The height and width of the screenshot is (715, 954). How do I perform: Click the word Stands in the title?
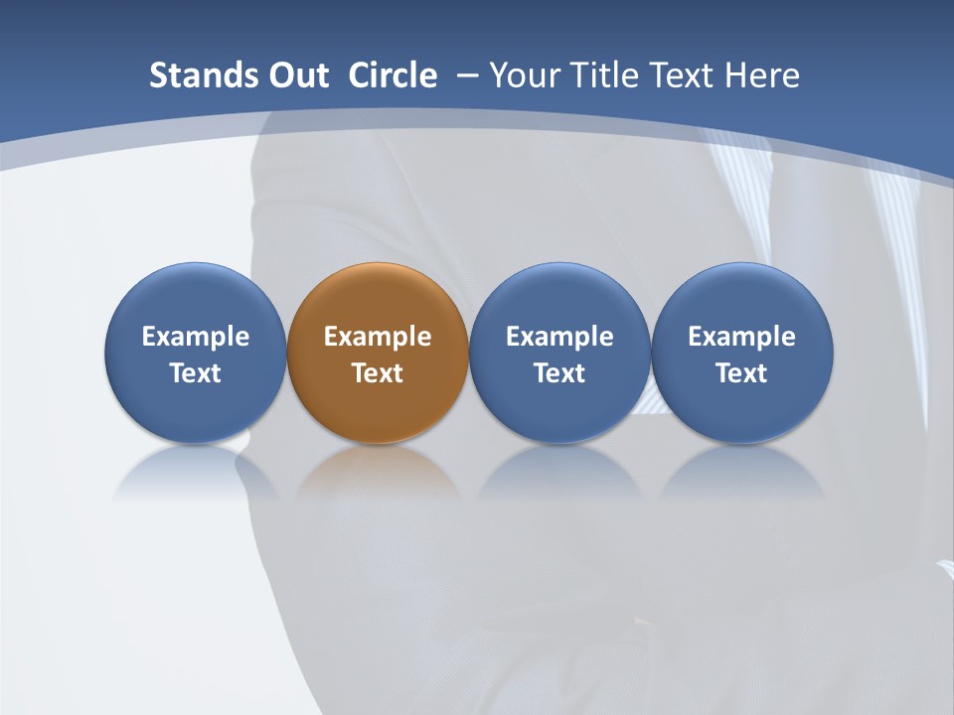pos(192,75)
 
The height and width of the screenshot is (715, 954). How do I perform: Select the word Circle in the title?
pos(393,75)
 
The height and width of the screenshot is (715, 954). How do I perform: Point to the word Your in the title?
pos(523,75)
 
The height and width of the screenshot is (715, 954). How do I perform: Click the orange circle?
pos(378,298)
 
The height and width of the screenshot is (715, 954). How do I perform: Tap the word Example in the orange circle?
pos(378,337)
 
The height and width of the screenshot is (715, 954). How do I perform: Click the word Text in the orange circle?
pos(378,373)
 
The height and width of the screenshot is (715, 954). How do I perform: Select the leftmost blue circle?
pos(196,298)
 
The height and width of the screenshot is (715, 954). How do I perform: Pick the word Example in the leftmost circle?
pos(196,337)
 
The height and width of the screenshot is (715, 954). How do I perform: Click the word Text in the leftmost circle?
pos(196,373)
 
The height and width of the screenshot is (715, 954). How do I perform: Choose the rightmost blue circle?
pos(742,298)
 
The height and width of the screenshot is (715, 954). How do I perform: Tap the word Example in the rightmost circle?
pos(742,337)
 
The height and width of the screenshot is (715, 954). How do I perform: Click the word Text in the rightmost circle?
pos(742,373)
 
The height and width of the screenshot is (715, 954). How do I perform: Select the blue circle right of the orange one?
pos(559,298)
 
